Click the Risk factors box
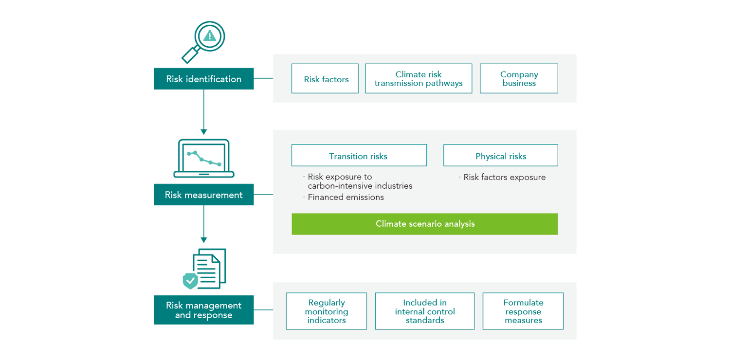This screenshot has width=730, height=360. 325,79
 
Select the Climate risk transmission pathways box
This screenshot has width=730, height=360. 419,79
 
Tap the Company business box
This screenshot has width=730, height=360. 519,79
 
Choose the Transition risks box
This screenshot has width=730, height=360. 359,156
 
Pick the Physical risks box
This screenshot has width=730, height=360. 500,156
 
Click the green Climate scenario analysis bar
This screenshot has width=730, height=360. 424,224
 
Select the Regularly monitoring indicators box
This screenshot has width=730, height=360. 326,311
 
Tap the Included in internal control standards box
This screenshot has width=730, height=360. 424,311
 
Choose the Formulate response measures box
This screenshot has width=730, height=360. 523,311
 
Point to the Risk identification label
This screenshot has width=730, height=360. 203,79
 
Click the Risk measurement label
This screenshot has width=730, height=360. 203,195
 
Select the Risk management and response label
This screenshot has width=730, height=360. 203,310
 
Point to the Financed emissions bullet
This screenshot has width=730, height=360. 346,197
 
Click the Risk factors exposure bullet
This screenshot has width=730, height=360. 504,178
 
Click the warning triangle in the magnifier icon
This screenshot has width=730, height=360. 210,36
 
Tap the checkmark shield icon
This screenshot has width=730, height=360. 191,281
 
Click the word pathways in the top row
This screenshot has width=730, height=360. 444,83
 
